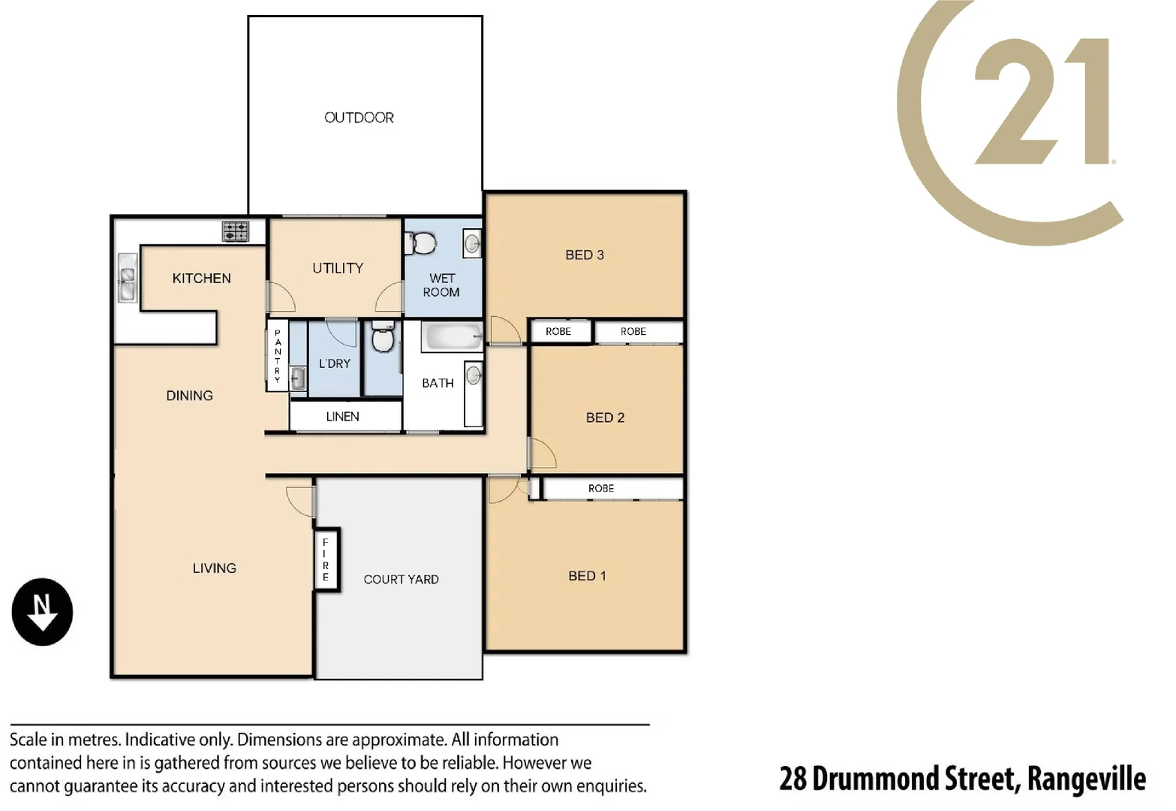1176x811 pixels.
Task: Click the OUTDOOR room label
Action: [359, 118]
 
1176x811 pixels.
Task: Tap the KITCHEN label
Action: [201, 279]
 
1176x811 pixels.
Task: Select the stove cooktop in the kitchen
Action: [235, 231]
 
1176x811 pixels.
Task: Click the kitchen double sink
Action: [127, 278]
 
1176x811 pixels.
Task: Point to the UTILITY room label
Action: [338, 268]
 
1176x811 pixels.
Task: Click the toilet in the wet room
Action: [422, 243]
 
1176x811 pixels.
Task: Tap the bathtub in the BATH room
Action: [451, 337]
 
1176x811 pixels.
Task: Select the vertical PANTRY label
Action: [278, 356]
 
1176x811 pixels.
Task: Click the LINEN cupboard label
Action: [342, 417]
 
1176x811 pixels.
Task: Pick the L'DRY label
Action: [335, 363]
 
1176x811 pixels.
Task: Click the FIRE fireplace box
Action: [326, 560]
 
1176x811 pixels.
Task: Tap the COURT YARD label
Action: [401, 580]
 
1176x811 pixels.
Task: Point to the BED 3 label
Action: [584, 255]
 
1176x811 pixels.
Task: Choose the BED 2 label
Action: [605, 418]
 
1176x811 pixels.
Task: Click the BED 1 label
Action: [587, 576]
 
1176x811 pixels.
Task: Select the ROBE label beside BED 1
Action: [601, 489]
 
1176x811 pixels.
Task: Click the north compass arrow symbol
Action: [42, 612]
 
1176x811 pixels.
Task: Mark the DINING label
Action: [189, 396]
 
